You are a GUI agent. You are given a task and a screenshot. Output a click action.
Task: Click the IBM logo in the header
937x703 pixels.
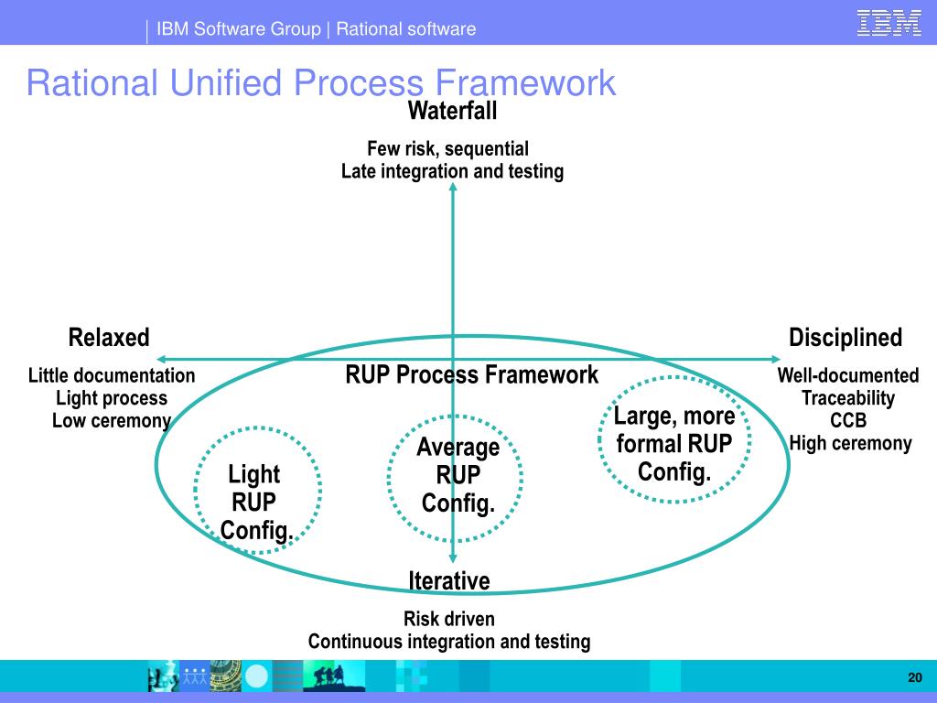[889, 23]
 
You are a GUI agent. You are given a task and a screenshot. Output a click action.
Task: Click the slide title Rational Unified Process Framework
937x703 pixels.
[320, 83]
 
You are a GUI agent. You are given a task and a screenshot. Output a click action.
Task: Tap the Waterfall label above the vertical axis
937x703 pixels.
[452, 111]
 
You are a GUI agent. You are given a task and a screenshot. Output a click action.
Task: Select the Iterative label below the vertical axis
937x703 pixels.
[449, 580]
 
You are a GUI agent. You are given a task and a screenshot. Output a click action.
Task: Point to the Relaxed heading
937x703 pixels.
[109, 338]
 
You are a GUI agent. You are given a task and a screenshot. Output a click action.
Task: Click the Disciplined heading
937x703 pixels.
[845, 338]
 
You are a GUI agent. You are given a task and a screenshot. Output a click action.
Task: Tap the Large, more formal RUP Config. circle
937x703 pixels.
[674, 444]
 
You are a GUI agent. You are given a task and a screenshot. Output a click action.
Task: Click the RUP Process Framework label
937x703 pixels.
[471, 374]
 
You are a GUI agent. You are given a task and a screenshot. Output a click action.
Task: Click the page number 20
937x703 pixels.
[914, 677]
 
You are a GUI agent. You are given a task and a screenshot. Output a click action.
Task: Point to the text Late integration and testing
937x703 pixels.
[452, 171]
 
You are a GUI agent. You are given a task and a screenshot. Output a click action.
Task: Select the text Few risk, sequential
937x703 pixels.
[447, 148]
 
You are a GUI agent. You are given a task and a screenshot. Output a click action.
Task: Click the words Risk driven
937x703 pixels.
[448, 619]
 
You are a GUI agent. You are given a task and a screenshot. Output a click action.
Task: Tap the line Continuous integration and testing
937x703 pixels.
[448, 642]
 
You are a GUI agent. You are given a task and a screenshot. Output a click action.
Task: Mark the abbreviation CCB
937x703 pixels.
[848, 421]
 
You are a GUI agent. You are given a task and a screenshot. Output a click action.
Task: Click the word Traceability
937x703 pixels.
[848, 398]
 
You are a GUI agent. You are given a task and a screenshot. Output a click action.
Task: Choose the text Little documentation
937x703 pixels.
[112, 375]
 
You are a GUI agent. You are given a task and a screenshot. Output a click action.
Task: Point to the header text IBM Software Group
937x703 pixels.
[238, 28]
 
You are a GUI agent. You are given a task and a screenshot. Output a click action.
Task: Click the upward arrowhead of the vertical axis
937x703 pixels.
[453, 188]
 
